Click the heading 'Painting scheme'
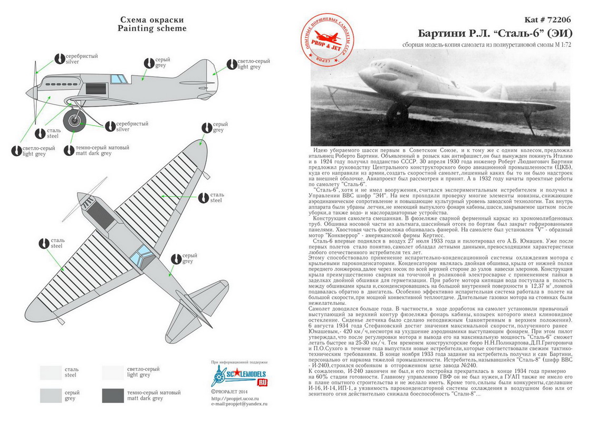[152, 28]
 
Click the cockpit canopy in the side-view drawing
[119, 79]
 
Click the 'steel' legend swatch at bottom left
[51, 371]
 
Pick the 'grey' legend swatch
[51, 396]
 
